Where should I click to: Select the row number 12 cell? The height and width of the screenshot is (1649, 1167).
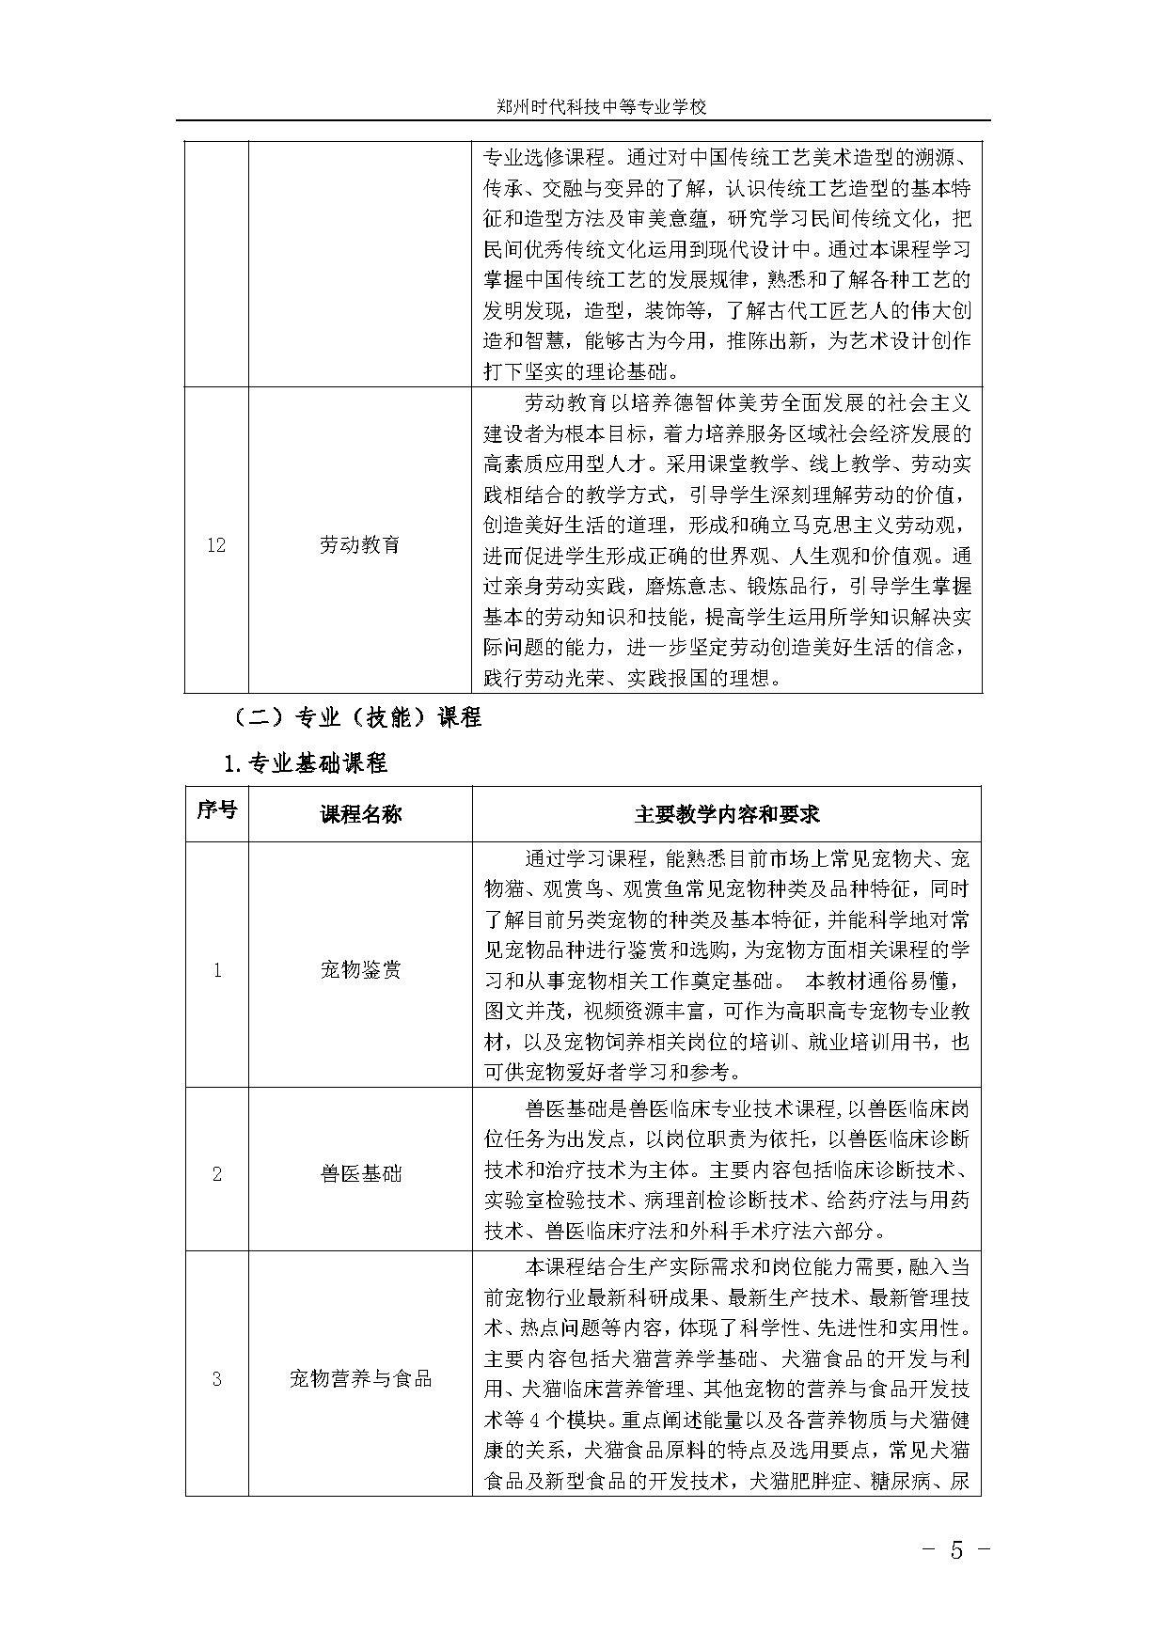tap(216, 545)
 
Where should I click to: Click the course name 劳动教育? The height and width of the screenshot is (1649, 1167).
tap(360, 545)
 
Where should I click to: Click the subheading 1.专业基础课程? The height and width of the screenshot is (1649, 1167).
tap(303, 763)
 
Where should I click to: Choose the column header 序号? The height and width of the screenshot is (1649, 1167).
tap(216, 811)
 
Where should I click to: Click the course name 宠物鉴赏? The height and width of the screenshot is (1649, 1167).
tap(360, 970)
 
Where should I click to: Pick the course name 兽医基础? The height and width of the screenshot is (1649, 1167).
tap(360, 1173)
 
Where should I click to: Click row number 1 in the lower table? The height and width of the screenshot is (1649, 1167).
tap(216, 970)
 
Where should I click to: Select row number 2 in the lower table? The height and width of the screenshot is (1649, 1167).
tap(216, 1173)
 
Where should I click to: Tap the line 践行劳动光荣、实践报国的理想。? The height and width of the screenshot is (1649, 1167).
tap(633, 678)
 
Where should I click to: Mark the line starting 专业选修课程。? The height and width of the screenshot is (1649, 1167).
tap(727, 157)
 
